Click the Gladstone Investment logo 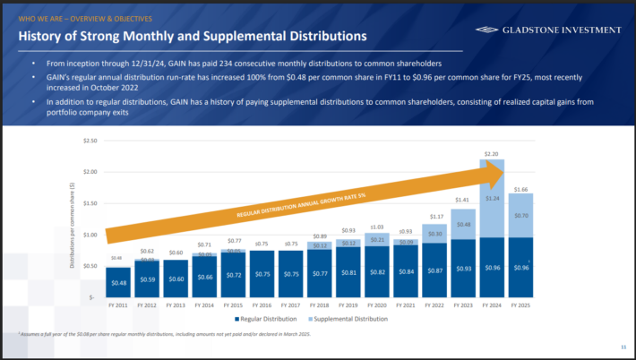coord(547,30)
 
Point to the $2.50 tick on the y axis coord(89,141)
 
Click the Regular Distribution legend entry coord(265,319)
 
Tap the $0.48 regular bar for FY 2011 coord(119,281)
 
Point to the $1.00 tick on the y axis coord(89,235)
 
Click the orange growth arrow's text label coord(302,205)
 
